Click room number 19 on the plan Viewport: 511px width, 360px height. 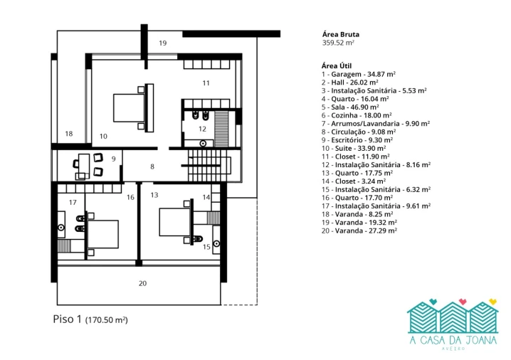162,43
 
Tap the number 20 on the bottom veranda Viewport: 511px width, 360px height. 143,283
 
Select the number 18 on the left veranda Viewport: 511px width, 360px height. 69,134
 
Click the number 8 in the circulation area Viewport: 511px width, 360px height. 152,166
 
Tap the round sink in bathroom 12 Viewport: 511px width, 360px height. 203,143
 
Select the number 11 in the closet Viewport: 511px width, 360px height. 206,83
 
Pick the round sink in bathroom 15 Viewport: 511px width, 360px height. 216,243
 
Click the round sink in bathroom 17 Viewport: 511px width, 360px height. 61,228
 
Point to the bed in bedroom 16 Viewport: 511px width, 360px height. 102,234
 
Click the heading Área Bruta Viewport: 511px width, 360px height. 341,34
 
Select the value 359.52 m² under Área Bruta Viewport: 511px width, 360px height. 338,43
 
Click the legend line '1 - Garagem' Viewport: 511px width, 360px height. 359,74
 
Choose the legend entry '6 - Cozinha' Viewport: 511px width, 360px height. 357,115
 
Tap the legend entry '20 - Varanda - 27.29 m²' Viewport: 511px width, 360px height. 359,231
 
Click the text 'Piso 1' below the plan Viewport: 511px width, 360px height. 67,319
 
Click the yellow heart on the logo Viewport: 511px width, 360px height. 492,302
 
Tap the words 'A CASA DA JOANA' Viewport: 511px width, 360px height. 453,340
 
